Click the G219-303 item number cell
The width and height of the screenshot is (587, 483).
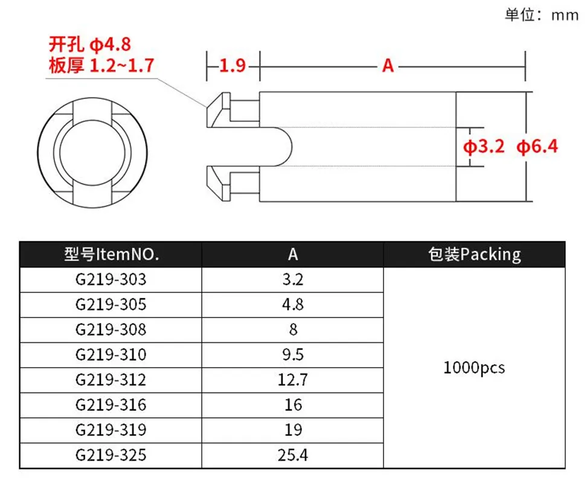(111, 280)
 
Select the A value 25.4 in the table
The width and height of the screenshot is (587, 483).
(293, 455)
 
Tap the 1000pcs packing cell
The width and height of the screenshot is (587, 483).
(474, 368)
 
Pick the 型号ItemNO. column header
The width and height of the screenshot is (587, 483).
(111, 254)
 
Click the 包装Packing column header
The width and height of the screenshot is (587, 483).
(474, 254)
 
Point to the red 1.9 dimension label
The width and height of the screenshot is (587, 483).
(233, 65)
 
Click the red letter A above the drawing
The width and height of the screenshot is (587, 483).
(388, 65)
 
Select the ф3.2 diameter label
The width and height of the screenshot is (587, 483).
(484, 146)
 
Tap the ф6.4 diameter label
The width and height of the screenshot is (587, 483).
(537, 146)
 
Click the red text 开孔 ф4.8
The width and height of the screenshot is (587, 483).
(90, 45)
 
